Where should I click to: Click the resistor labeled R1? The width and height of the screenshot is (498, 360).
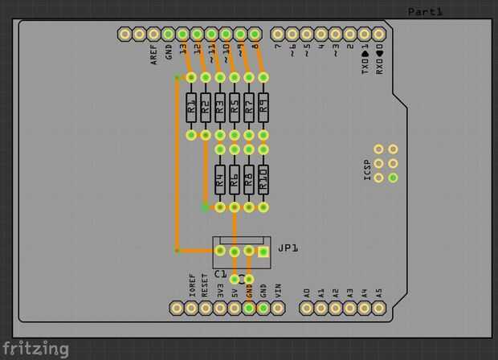coord(191,106)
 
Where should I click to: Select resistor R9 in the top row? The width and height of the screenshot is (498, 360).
coord(263,106)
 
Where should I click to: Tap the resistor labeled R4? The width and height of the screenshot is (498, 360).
coord(220,178)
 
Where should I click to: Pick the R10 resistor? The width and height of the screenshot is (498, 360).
coord(263,178)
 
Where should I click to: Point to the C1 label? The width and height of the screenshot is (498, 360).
coord(220,274)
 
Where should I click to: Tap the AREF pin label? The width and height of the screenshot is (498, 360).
coord(154,55)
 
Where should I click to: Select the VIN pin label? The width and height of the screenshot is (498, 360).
coord(278,288)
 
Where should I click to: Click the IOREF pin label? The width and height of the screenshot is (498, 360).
coord(191,285)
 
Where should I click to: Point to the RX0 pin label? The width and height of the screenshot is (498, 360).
coord(379,58)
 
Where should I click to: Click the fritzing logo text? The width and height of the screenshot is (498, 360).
coord(35,349)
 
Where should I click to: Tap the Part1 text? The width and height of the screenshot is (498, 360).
coord(425,11)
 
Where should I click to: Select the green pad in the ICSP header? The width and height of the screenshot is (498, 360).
coord(393,178)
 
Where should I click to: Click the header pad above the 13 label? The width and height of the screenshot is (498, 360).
coord(183,34)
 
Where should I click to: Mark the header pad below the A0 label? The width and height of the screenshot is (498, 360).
coord(307,308)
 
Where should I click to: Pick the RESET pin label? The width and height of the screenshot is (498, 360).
coord(206,286)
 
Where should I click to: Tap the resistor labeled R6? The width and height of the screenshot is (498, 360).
coord(249,178)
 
